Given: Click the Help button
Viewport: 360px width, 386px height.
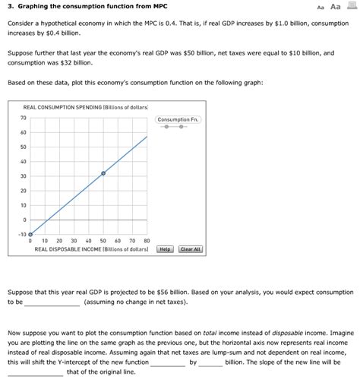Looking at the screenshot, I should pyautogui.click(x=165, y=249).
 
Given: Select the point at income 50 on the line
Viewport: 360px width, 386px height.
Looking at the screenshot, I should pyautogui.click(x=104, y=173).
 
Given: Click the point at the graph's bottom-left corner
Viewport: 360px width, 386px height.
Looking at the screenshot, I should pyautogui.click(x=30, y=235).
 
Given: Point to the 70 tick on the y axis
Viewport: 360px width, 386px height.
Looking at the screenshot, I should pyautogui.click(x=24, y=118).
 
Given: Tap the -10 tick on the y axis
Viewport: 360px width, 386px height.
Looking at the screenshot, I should pyautogui.click(x=22, y=235).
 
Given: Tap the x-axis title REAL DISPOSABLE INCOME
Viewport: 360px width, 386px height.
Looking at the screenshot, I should pyautogui.click(x=91, y=249).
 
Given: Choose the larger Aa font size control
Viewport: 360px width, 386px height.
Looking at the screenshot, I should pyautogui.click(x=333, y=7).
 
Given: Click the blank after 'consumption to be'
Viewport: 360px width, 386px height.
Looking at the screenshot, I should pyautogui.click(x=52, y=302).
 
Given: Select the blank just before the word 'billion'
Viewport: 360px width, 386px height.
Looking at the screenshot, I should pyautogui.click(x=210, y=362).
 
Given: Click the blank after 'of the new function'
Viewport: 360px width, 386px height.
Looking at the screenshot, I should pyautogui.click(x=167, y=362).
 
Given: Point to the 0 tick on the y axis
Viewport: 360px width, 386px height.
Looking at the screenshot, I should pyautogui.click(x=25, y=220).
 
